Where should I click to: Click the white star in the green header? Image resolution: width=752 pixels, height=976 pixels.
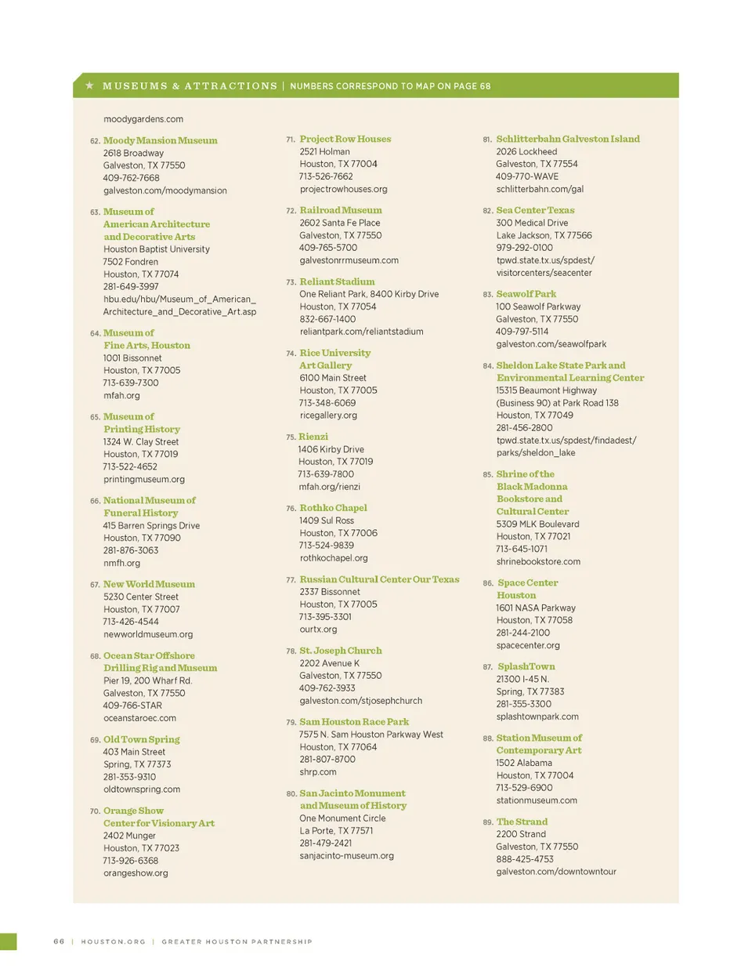point(89,85)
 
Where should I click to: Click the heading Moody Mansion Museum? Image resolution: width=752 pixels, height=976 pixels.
point(160,140)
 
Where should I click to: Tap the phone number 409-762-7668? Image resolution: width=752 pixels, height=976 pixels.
point(131,178)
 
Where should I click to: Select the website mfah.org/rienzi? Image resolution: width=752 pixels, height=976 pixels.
point(329,487)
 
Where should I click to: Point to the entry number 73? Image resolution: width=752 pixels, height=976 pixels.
point(291,282)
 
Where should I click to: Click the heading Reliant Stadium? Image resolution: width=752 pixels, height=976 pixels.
point(337,281)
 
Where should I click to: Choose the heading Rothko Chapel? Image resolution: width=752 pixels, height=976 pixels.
point(333,508)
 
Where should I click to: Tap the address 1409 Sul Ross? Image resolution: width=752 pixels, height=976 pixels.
point(326,521)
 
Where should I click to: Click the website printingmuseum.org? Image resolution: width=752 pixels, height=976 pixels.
point(144,479)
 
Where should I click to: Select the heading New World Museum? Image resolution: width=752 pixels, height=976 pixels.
point(149,584)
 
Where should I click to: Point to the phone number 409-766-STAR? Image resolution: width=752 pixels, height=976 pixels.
point(132,706)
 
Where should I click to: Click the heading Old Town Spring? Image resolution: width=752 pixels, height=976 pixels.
point(141,739)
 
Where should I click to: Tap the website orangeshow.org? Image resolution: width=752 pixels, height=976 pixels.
point(136,873)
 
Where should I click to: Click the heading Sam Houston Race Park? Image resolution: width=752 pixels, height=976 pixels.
point(354,722)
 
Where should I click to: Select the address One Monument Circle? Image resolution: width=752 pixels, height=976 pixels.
point(342,818)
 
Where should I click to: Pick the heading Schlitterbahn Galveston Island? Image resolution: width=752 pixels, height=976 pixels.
point(567,139)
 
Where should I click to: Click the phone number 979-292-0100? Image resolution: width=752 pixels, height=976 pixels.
point(524,248)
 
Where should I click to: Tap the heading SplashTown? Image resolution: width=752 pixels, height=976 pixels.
point(526,666)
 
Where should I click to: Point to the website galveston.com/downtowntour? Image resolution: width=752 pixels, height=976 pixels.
point(555,872)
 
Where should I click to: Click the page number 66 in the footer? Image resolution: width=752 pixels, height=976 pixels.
point(59,942)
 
